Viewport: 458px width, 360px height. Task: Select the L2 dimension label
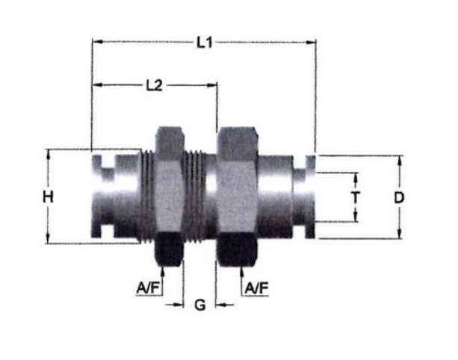(x=154, y=86)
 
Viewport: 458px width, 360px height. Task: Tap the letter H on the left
(x=49, y=196)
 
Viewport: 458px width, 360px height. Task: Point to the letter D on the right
(x=399, y=198)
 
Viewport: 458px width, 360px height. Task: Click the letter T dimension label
(x=356, y=198)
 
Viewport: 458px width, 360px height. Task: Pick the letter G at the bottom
(x=199, y=305)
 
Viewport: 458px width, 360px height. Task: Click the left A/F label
(x=148, y=288)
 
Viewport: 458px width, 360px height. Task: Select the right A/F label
(x=257, y=288)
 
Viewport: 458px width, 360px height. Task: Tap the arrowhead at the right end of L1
(x=311, y=43)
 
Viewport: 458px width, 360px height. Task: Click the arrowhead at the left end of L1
(x=97, y=42)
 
